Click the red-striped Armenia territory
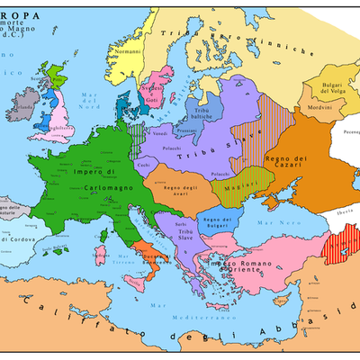pos(340,245)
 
